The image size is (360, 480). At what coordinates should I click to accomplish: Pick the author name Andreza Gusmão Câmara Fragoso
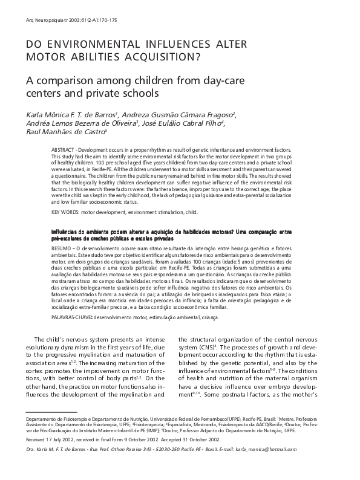click(x=176, y=114)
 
